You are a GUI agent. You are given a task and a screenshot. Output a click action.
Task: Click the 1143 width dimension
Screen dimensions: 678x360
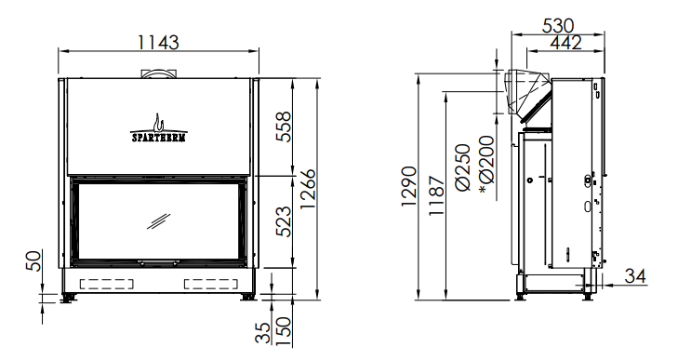[158, 43]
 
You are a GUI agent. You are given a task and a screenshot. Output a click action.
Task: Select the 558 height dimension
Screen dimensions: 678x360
[284, 127]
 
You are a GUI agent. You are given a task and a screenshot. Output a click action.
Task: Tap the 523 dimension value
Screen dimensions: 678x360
[284, 221]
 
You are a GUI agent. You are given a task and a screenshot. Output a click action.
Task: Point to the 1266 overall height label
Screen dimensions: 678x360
[308, 189]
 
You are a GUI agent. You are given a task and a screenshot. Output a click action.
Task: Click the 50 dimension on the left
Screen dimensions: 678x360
[34, 260]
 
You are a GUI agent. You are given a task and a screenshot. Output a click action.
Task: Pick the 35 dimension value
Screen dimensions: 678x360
[262, 333]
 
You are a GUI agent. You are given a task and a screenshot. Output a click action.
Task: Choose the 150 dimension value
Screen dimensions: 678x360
[284, 331]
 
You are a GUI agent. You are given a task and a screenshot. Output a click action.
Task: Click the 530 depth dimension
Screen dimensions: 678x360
[558, 26]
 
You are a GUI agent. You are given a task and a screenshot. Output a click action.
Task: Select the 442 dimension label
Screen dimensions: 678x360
[566, 43]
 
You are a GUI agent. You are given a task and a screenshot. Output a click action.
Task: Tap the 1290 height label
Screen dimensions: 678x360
[409, 186]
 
